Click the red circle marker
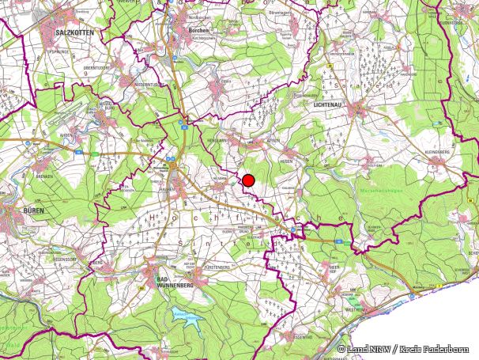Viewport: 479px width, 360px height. (248, 180)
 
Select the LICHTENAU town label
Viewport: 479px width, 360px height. (330, 104)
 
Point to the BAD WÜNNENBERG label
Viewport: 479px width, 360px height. (174, 284)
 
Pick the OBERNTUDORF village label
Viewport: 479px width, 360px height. (96, 68)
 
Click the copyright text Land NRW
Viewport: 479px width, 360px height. (365, 349)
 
